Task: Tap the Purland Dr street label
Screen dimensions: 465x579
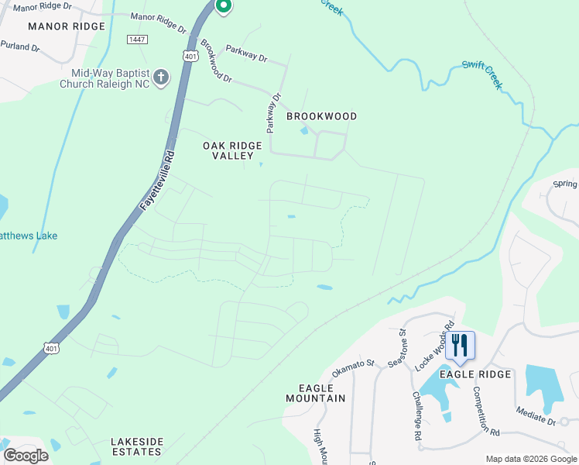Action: point(20,47)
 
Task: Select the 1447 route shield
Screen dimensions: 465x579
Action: point(137,39)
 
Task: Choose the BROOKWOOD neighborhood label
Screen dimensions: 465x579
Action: point(322,116)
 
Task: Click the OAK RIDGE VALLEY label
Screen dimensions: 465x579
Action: point(228,150)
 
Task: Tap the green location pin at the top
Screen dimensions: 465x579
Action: point(223,7)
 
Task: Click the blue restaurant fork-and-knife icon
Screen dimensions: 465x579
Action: point(461,345)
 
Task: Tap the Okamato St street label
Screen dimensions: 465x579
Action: point(353,367)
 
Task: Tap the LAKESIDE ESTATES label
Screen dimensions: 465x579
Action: point(137,446)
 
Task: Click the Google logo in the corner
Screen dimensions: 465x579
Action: point(26,455)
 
